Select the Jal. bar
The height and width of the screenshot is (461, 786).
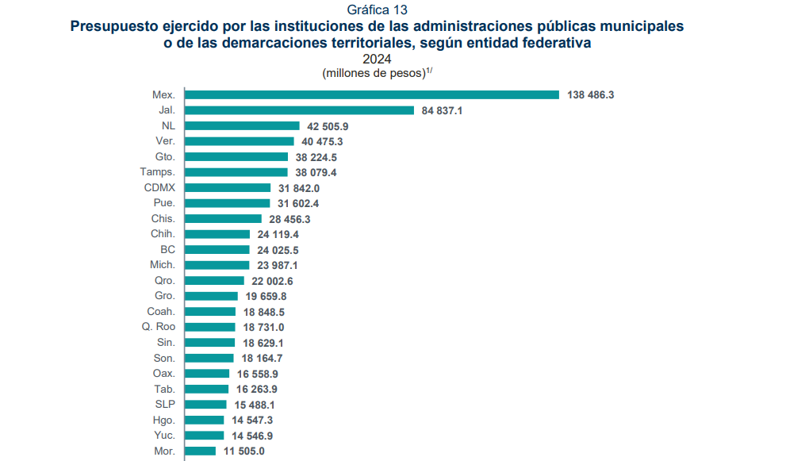click(x=299, y=110)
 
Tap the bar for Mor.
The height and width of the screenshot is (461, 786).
click(x=200, y=451)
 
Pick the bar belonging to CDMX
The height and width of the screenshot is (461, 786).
click(x=228, y=187)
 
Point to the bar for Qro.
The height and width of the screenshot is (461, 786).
click(x=214, y=280)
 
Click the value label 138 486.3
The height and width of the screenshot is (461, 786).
click(x=591, y=94)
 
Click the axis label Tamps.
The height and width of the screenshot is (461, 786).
click(x=157, y=172)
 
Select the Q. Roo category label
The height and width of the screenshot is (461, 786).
click(x=159, y=327)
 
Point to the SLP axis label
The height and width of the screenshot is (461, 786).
click(x=165, y=404)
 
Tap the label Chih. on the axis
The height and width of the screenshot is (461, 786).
click(x=163, y=234)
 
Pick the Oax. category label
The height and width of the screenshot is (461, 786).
click(x=163, y=373)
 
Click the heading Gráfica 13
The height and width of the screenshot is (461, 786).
click(x=377, y=10)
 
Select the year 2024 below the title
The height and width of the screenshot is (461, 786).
click(x=377, y=59)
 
